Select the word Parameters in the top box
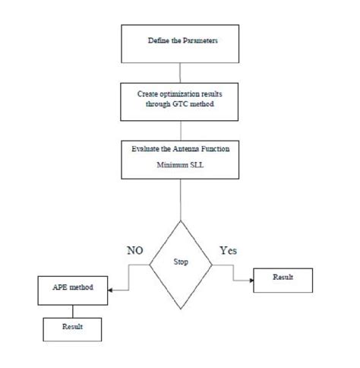click(x=199, y=39)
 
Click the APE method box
click(x=72, y=290)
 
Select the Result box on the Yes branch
click(x=283, y=280)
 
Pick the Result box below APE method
click(x=72, y=328)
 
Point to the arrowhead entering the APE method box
click(x=111, y=290)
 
